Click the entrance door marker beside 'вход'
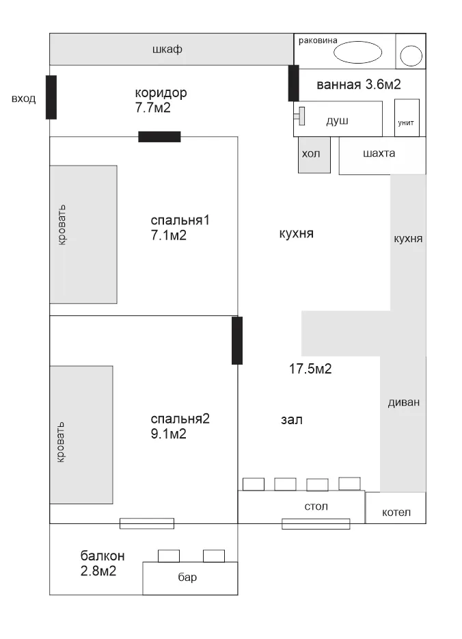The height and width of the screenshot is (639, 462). [x=51, y=97]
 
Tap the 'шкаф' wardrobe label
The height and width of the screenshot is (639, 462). [x=167, y=49]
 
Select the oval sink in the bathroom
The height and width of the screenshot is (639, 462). [x=358, y=52]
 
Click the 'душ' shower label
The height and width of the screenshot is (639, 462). [x=337, y=121]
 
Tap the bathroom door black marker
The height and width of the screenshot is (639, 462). [x=293, y=83]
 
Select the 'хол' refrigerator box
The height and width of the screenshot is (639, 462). [x=314, y=155]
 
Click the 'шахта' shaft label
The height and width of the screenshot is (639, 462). [x=379, y=153]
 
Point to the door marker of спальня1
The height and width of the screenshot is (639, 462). [x=159, y=137]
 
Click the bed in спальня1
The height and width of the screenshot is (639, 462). [x=83, y=235]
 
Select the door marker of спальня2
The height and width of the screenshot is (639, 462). [x=237, y=341]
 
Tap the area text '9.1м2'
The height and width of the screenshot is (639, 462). [x=169, y=434]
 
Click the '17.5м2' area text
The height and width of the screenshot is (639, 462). [x=310, y=369]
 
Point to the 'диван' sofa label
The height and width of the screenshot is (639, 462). [x=403, y=403]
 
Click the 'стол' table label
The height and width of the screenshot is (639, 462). [x=316, y=506]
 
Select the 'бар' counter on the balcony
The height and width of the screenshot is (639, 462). [x=190, y=578]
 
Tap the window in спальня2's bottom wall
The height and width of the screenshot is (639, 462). [x=147, y=523]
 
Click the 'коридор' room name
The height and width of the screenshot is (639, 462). [x=161, y=93]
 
